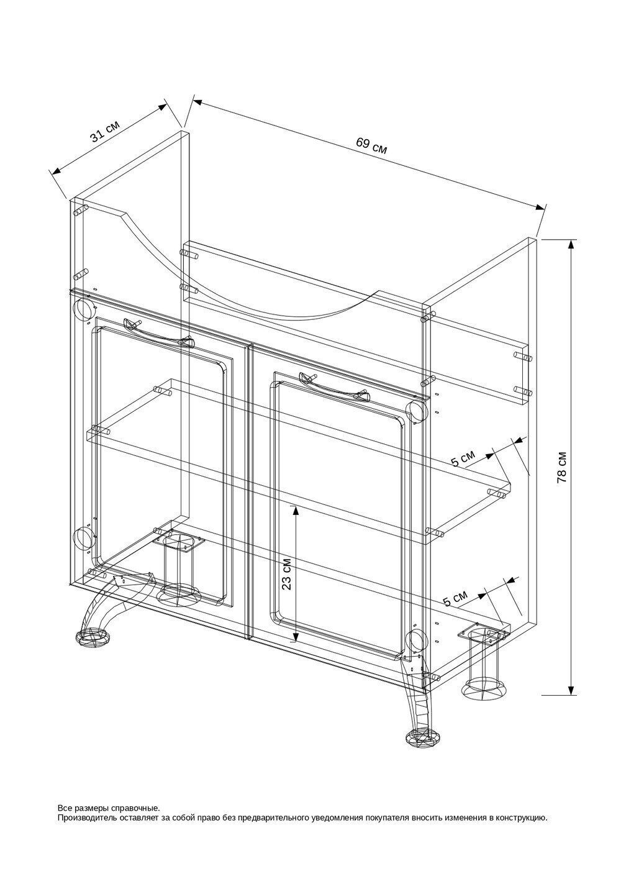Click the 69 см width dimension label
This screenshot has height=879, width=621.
tap(371, 145)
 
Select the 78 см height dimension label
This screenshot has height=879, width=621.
tap(562, 467)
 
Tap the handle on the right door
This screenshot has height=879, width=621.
tap(334, 387)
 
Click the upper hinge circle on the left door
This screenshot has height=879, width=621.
tap(83, 309)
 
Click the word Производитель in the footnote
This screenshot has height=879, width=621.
tap(83, 819)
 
